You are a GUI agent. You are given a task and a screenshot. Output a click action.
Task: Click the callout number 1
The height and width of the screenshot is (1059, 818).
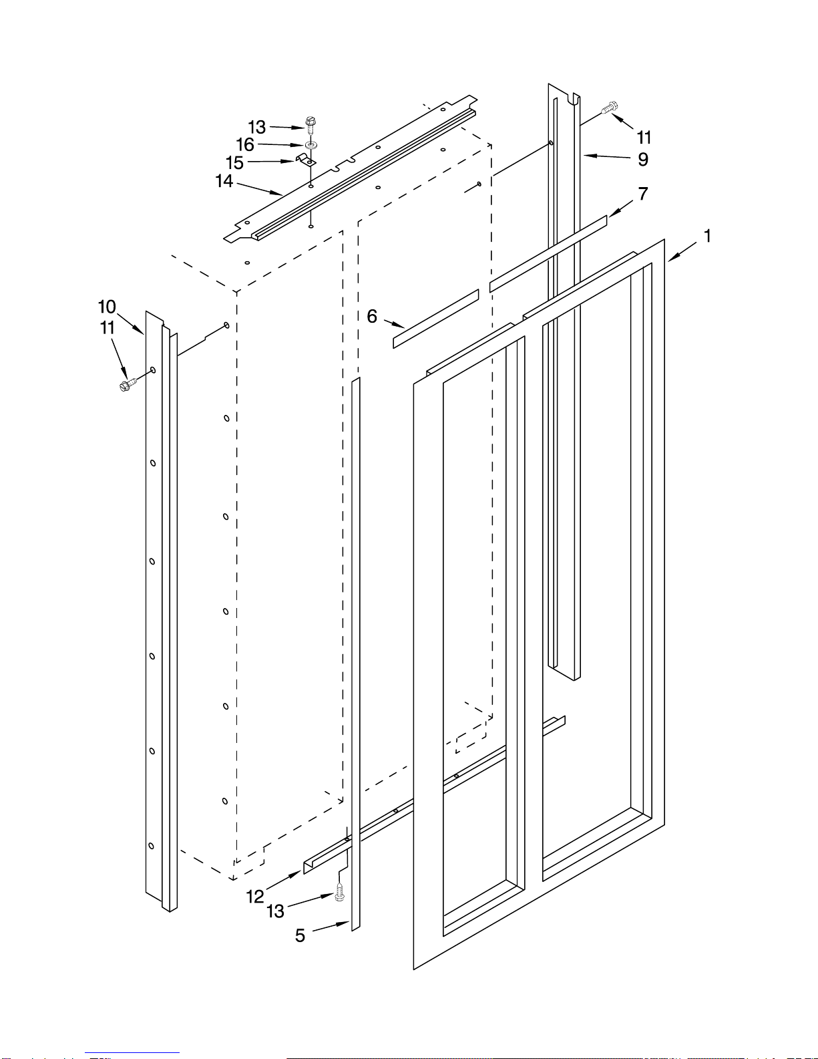(x=707, y=237)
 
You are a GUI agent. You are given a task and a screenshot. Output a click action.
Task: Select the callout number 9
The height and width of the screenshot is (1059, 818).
(x=643, y=160)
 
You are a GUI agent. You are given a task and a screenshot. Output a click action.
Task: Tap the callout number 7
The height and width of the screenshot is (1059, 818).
(x=643, y=194)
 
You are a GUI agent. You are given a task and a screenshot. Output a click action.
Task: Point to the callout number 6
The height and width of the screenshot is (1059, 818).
(x=372, y=316)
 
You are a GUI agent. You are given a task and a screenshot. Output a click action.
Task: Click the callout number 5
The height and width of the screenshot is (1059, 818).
(x=300, y=935)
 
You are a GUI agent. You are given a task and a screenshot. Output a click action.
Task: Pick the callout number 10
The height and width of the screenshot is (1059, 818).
(x=107, y=307)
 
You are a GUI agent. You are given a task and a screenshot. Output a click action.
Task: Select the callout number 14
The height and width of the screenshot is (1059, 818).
(x=224, y=181)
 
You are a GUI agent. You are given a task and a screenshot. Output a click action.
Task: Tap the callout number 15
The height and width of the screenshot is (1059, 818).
(x=234, y=163)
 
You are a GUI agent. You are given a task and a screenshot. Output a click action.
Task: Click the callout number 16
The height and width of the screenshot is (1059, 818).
(x=245, y=144)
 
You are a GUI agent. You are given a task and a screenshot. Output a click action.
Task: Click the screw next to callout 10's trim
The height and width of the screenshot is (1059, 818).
(x=128, y=385)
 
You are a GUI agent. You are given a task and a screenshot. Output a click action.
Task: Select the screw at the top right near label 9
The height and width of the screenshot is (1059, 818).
(x=610, y=108)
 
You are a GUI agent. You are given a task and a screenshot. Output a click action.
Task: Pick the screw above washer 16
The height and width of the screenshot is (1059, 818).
(x=310, y=125)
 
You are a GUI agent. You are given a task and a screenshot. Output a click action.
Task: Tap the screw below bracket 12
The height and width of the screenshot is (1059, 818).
(x=340, y=893)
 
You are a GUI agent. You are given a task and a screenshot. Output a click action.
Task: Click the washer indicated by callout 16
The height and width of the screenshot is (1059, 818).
(x=311, y=145)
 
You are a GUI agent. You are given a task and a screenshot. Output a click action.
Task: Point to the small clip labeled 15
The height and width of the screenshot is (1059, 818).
(x=306, y=160)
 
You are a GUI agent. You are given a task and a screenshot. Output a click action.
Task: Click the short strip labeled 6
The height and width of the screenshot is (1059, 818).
(x=436, y=319)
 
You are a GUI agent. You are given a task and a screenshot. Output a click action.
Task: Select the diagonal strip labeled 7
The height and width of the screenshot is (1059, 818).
(x=548, y=253)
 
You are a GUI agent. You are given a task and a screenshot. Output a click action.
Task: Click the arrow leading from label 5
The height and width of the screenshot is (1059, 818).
(x=331, y=927)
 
